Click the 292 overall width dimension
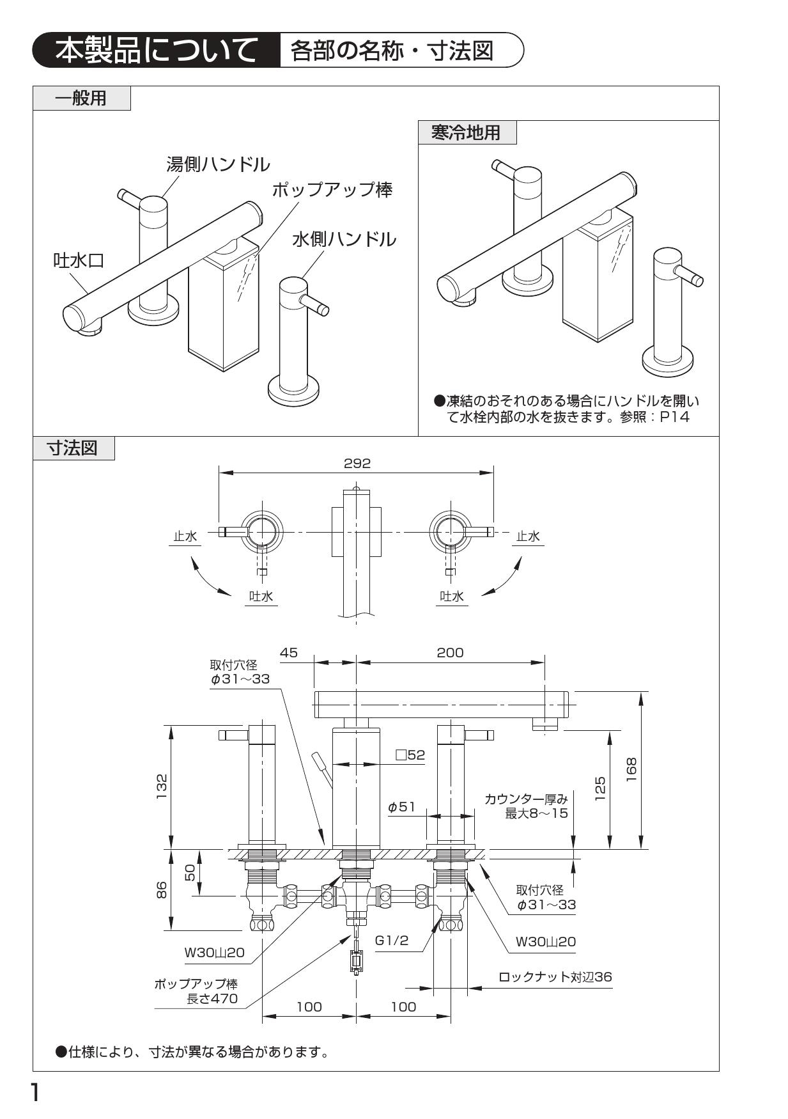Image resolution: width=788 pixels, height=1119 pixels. [x=357, y=463]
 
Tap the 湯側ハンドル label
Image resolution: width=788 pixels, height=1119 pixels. [x=217, y=164]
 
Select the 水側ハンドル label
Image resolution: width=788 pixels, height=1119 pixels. [x=344, y=239]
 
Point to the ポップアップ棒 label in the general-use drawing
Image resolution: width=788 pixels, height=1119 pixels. [x=332, y=189]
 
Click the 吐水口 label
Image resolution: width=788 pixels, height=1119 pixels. [x=78, y=260]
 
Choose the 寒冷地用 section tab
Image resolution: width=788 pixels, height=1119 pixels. [x=466, y=133]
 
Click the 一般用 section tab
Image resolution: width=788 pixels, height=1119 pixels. [x=81, y=98]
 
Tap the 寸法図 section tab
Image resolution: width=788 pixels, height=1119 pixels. [x=73, y=448]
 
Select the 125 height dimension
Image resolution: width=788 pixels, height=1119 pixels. [x=600, y=788]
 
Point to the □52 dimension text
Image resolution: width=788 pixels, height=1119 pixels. [x=410, y=755]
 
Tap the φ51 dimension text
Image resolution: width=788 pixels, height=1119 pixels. [x=401, y=807]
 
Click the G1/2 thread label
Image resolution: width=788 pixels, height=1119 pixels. [x=391, y=940]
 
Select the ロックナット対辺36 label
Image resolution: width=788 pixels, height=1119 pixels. [x=555, y=976]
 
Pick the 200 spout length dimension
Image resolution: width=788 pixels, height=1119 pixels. [x=450, y=652]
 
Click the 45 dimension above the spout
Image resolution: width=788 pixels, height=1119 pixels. [x=289, y=652]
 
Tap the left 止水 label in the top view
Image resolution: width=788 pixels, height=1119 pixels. [x=185, y=536]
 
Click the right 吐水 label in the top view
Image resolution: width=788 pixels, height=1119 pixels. [x=452, y=596]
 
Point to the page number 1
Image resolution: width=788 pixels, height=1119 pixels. [x=36, y=1093]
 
